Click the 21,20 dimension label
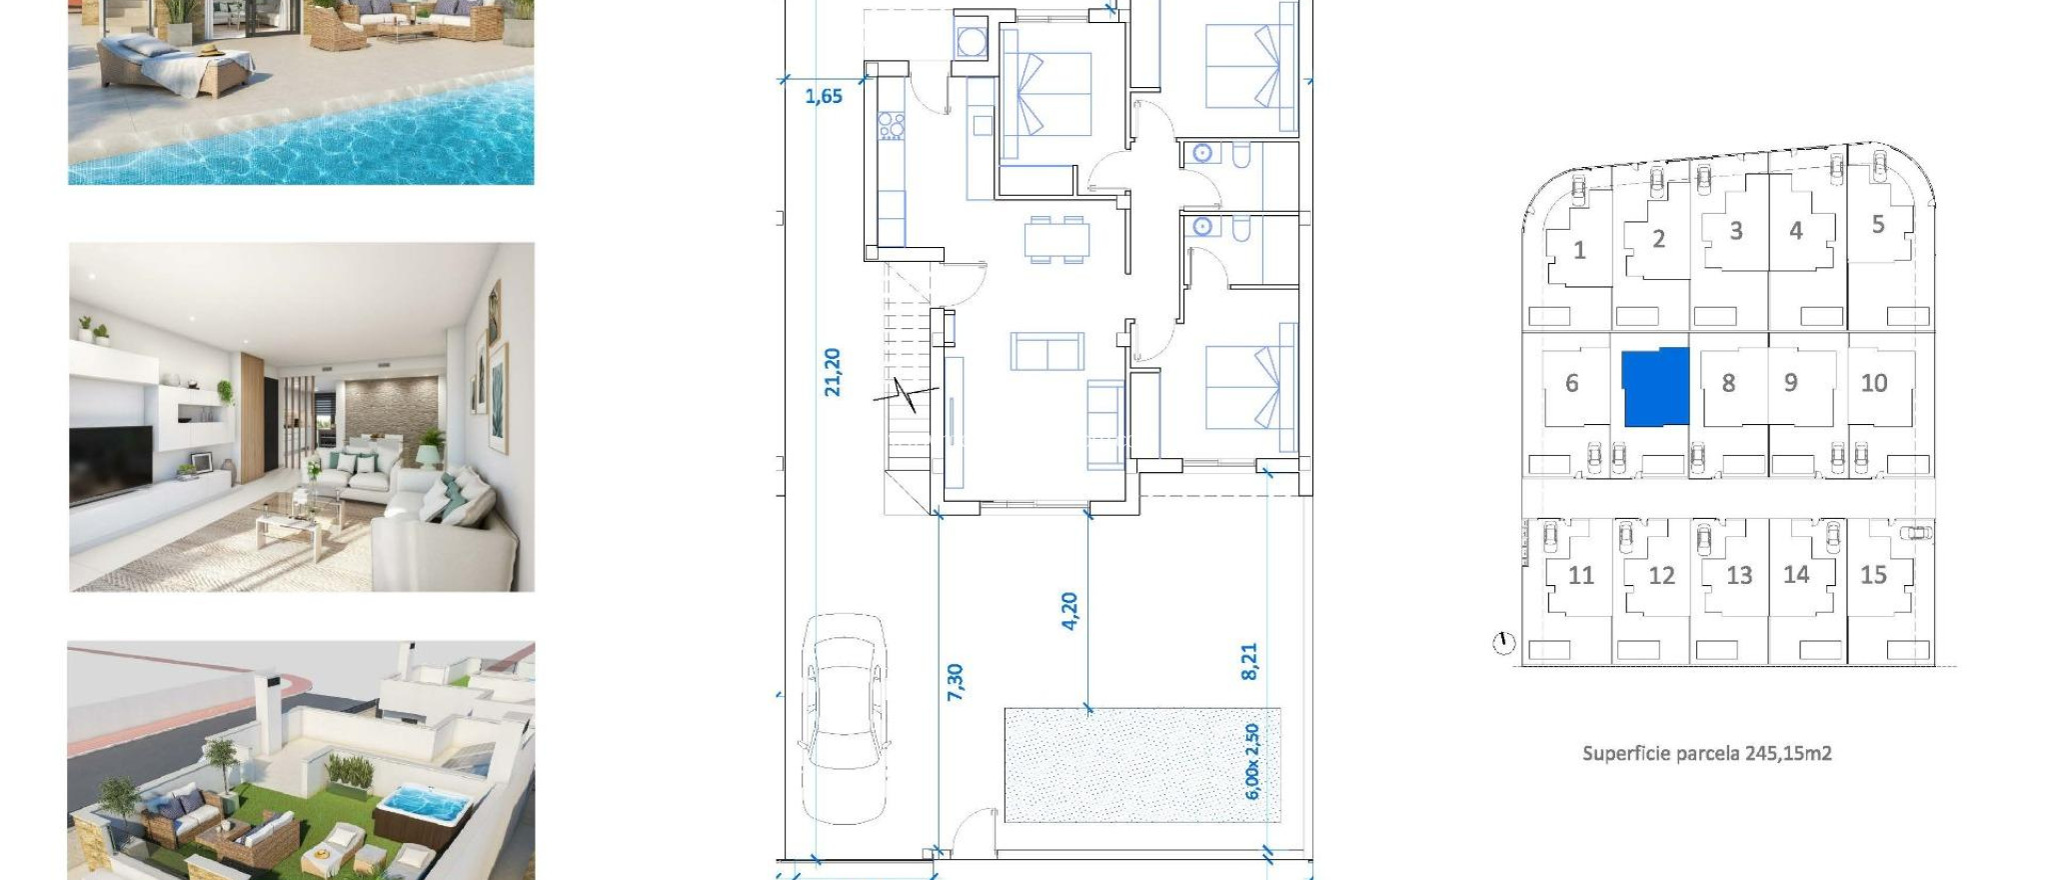(833, 372)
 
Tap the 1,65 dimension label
(824, 97)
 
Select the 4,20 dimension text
(1069, 610)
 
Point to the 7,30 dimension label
(956, 681)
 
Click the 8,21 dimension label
(1249, 661)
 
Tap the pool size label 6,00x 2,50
(1252, 761)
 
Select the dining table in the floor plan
(1056, 240)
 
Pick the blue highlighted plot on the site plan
(1654, 388)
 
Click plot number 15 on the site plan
(1873, 575)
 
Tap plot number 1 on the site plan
(1579, 250)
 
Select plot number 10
(1874, 383)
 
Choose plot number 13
(1739, 576)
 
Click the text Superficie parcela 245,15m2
(1706, 753)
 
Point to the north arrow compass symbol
(1503, 643)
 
